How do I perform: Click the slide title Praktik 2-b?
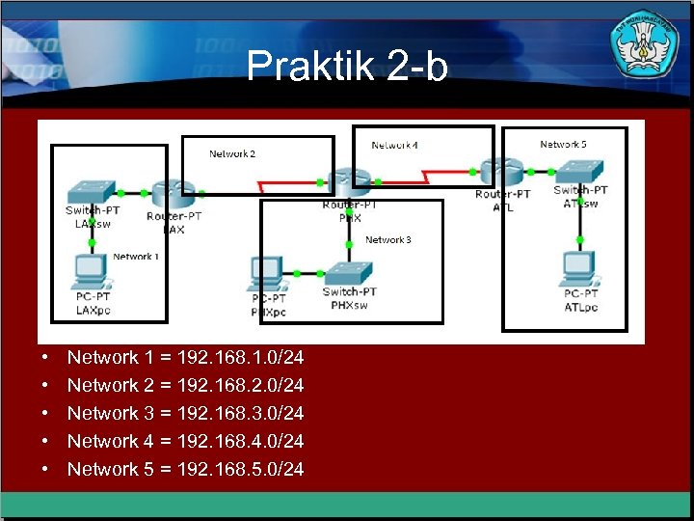pos(347,67)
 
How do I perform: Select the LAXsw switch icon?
pos(88,190)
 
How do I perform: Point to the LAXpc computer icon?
pos(92,270)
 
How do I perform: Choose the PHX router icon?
pos(348,181)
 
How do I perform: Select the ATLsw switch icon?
pos(579,171)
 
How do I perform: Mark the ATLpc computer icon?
pos(579,267)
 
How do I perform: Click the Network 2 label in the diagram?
pos(232,154)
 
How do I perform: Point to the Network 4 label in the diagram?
pos(395,146)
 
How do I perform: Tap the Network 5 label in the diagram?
pos(563,145)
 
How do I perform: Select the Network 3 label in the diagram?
pos(387,240)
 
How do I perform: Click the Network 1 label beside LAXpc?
pos(134,257)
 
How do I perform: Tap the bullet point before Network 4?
pos(45,442)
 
